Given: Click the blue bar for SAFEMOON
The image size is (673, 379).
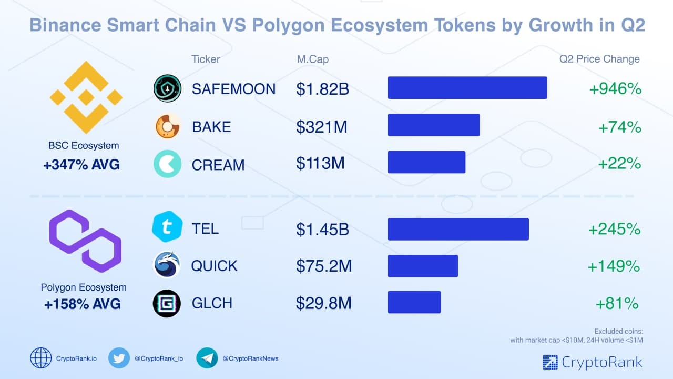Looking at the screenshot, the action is coord(467,88).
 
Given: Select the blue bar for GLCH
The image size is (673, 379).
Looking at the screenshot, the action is coord(414,302).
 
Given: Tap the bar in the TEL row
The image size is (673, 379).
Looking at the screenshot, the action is coord(458,229).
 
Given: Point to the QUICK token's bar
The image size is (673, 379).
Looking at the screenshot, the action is coord(423,266).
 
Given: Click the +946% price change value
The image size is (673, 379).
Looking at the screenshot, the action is coord(615,89).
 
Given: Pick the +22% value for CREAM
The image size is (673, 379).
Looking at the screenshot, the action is coord(619,164).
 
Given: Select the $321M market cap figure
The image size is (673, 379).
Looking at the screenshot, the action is coord(321,127).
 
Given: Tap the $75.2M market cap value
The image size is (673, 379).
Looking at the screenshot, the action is coord(324,266).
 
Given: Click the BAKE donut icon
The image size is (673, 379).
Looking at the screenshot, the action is coord(167,127).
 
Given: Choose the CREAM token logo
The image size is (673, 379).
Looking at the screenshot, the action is coord(167,164).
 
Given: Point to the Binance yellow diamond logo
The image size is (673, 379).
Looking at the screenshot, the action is coord(86,97).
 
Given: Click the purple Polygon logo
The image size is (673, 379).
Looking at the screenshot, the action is coord(85,241).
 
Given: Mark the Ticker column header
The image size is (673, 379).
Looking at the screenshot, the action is coord(206,59).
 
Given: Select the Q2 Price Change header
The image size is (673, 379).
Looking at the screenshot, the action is coord(599,59).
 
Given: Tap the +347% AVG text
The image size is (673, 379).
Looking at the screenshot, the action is coord(81,165).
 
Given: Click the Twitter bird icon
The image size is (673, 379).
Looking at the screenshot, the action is coord(119,358).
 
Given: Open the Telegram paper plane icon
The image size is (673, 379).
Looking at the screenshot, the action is coord(207,358).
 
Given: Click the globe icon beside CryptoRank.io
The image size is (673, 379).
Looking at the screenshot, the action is coord(41,358).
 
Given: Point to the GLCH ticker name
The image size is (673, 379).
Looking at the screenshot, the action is coord(212,303).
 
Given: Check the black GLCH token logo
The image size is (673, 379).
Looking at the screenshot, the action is coord(167,304).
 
